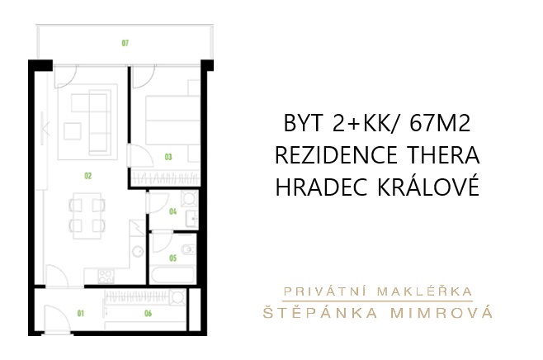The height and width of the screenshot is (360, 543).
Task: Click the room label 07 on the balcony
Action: pos(125,43)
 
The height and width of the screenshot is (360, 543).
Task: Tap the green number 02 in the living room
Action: pos(88,176)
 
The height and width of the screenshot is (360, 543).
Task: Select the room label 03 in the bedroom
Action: pos(168,157)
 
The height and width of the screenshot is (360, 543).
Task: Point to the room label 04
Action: pos(172,211)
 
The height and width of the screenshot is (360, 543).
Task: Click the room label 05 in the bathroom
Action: pos(172,258)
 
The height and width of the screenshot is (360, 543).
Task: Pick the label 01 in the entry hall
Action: pos(81,314)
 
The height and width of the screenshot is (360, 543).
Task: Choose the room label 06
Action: pos(148,314)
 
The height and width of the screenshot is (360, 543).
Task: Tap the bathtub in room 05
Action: pos(172,275)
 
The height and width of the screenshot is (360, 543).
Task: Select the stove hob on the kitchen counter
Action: pos(106,277)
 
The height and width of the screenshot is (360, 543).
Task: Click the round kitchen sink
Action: pos(139,251)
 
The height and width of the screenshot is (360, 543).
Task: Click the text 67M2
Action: pos(440,123)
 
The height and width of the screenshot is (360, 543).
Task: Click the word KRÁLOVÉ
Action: pos(428,186)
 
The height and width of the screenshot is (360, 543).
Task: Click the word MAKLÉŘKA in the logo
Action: pos(425,291)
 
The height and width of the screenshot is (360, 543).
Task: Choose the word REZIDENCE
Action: pos(336,155)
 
